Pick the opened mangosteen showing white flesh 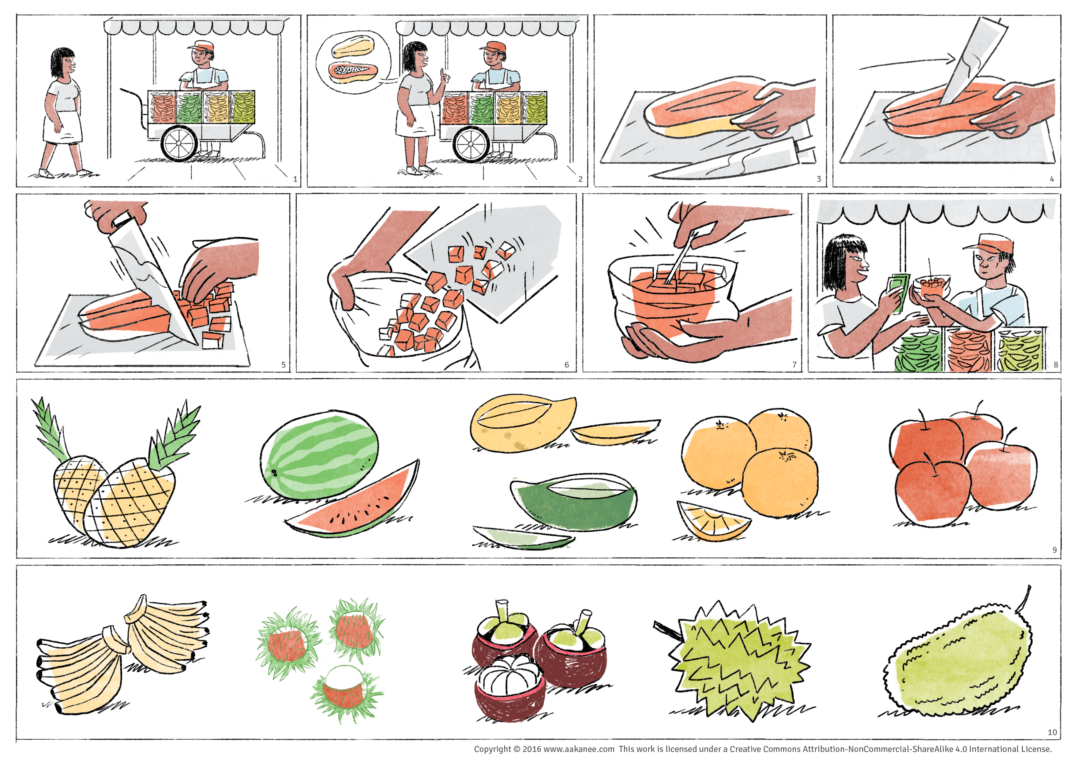(510, 687)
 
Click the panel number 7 (794, 364)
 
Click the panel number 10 (1052, 732)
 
